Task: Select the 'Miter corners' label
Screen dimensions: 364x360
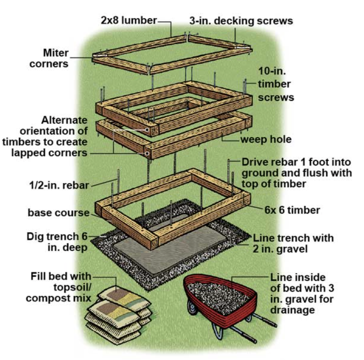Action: pos(49,58)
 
